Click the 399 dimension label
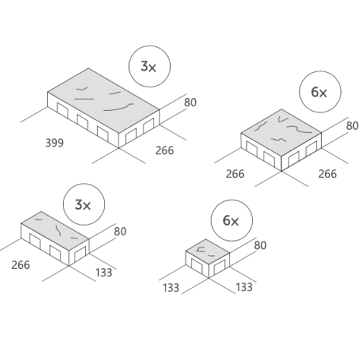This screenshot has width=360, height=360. coord(55,143)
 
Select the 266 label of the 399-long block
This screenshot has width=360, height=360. coord(165,150)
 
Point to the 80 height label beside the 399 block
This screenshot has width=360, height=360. coord(190,103)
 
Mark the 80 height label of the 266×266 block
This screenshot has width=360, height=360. coord(352,126)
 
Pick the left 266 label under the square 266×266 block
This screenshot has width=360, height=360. coord(235,174)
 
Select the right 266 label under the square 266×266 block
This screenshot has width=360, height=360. coord(327,174)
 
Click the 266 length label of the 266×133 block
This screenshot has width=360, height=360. coord(21,265)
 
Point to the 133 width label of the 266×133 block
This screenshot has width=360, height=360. coord(103,273)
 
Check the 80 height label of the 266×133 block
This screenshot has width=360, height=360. coord(120,232)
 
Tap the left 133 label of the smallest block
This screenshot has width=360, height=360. coord(171,288)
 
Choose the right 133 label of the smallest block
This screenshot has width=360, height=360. coord(244,287)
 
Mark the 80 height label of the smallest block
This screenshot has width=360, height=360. coord(261,245)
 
